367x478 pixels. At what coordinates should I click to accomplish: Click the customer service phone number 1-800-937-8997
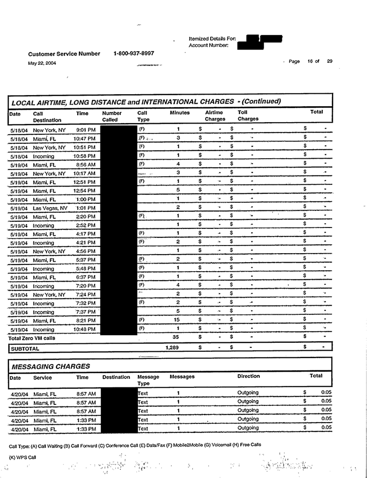click(x=134, y=53)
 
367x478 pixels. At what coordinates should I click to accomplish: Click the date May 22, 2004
click(x=42, y=63)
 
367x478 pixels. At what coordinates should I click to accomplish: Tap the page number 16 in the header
click(x=310, y=62)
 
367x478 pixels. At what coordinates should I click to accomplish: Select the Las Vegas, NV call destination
click(x=50, y=208)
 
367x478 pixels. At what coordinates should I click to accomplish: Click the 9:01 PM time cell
click(x=86, y=130)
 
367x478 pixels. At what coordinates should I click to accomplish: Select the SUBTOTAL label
click(x=25, y=348)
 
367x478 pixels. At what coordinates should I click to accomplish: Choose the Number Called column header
click(x=113, y=117)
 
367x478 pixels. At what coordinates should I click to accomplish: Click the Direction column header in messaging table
click(x=248, y=376)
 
